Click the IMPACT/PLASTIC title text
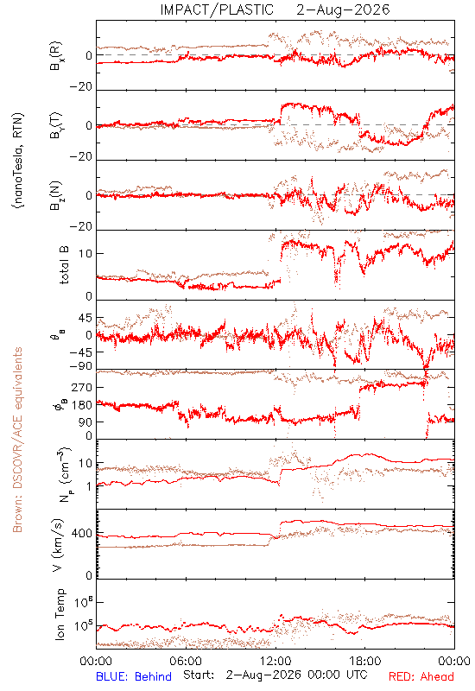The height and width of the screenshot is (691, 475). [217, 10]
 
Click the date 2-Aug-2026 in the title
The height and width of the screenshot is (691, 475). [343, 10]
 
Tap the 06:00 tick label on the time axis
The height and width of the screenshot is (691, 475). [186, 661]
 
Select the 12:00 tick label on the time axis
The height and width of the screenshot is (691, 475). [275, 661]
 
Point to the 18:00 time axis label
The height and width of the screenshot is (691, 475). [364, 661]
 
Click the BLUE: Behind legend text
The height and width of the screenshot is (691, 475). [134, 676]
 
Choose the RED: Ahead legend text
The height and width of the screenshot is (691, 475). [421, 676]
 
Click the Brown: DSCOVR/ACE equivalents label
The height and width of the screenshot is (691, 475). [17, 440]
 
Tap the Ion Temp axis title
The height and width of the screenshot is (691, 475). [60, 614]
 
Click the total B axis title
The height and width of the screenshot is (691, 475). [63, 265]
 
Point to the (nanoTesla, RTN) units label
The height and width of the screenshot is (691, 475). [18, 161]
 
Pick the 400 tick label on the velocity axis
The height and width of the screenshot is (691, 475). [82, 534]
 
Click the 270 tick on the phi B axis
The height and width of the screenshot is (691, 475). [82, 388]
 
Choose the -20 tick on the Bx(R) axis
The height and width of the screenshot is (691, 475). [81, 87]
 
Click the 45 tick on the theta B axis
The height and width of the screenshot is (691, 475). [85, 318]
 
